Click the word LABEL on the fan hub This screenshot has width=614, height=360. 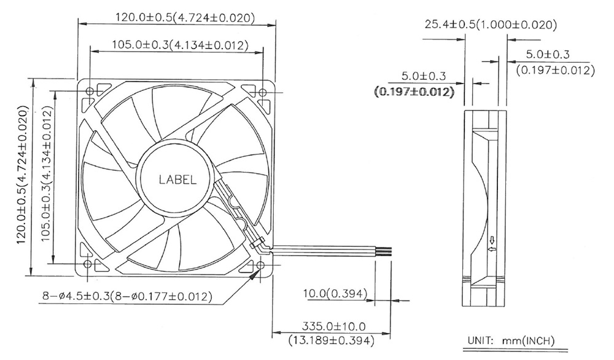(177, 180)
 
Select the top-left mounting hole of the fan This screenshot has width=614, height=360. (90, 92)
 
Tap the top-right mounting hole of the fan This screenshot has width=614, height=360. (263, 92)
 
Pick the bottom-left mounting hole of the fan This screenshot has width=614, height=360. (88, 264)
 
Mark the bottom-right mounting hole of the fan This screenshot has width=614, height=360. (260, 265)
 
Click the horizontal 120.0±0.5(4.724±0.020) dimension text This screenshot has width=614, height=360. (185, 18)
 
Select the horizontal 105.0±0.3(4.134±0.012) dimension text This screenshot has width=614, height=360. (180, 45)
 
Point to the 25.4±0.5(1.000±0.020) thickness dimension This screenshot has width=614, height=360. (491, 25)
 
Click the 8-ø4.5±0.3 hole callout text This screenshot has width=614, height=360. (127, 296)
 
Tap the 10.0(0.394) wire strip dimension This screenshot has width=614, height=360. (335, 293)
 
